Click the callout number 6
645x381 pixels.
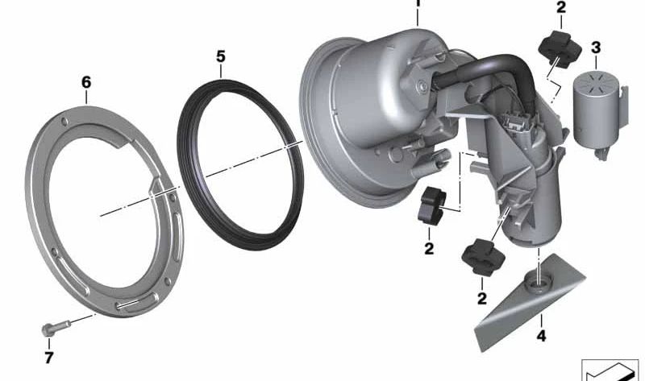[86, 83]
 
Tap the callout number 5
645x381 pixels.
[221, 56]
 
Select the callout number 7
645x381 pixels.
[49, 358]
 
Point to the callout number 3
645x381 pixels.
[596, 48]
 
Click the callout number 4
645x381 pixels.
[541, 336]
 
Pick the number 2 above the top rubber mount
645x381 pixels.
[561, 7]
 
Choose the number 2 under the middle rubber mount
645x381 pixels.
[429, 248]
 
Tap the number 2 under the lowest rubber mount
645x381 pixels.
[482, 298]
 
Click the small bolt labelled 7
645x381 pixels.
[56, 328]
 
